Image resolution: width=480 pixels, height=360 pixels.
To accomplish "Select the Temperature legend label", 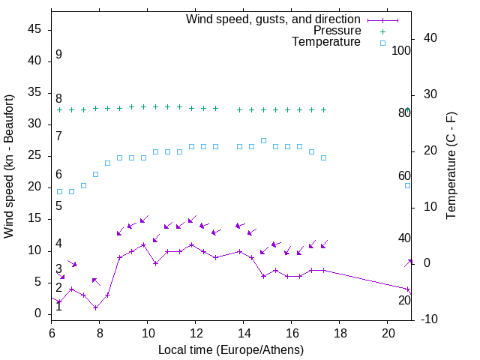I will pyautogui.click(x=326, y=43).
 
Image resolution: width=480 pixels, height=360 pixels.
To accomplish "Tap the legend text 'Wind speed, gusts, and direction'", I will pyautogui.click(x=273, y=19).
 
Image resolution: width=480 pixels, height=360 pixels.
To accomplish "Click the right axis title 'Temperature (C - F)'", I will pyautogui.click(x=451, y=166).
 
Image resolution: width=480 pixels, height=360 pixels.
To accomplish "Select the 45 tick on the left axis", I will pyautogui.click(x=34, y=30).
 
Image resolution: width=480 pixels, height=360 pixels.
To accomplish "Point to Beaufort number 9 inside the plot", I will pyautogui.click(x=58, y=55).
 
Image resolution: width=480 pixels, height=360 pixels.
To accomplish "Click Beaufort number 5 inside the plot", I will pyautogui.click(x=58, y=205).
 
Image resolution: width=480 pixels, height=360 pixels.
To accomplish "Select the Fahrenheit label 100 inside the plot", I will pyautogui.click(x=402, y=51).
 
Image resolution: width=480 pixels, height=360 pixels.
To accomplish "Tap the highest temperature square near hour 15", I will pyautogui.click(x=263, y=140).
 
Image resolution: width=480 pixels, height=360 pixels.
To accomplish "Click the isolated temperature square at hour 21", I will pyautogui.click(x=408, y=185).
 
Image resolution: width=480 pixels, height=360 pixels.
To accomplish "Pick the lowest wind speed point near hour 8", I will pyautogui.click(x=95, y=307).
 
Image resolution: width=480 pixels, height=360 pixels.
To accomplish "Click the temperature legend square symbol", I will pyautogui.click(x=382, y=43).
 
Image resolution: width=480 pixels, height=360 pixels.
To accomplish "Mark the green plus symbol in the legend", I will pyautogui.click(x=382, y=31).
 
